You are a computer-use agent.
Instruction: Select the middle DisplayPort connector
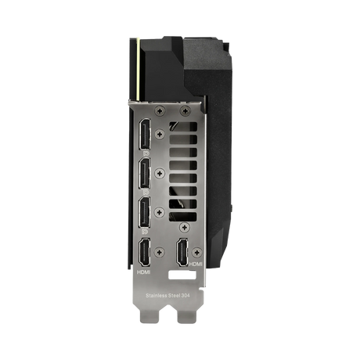(146, 175)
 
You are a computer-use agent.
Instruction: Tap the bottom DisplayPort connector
(146, 211)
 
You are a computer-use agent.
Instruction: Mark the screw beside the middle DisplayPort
(160, 174)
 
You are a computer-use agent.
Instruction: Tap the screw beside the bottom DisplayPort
(160, 211)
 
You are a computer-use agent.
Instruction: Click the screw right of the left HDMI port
(160, 252)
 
